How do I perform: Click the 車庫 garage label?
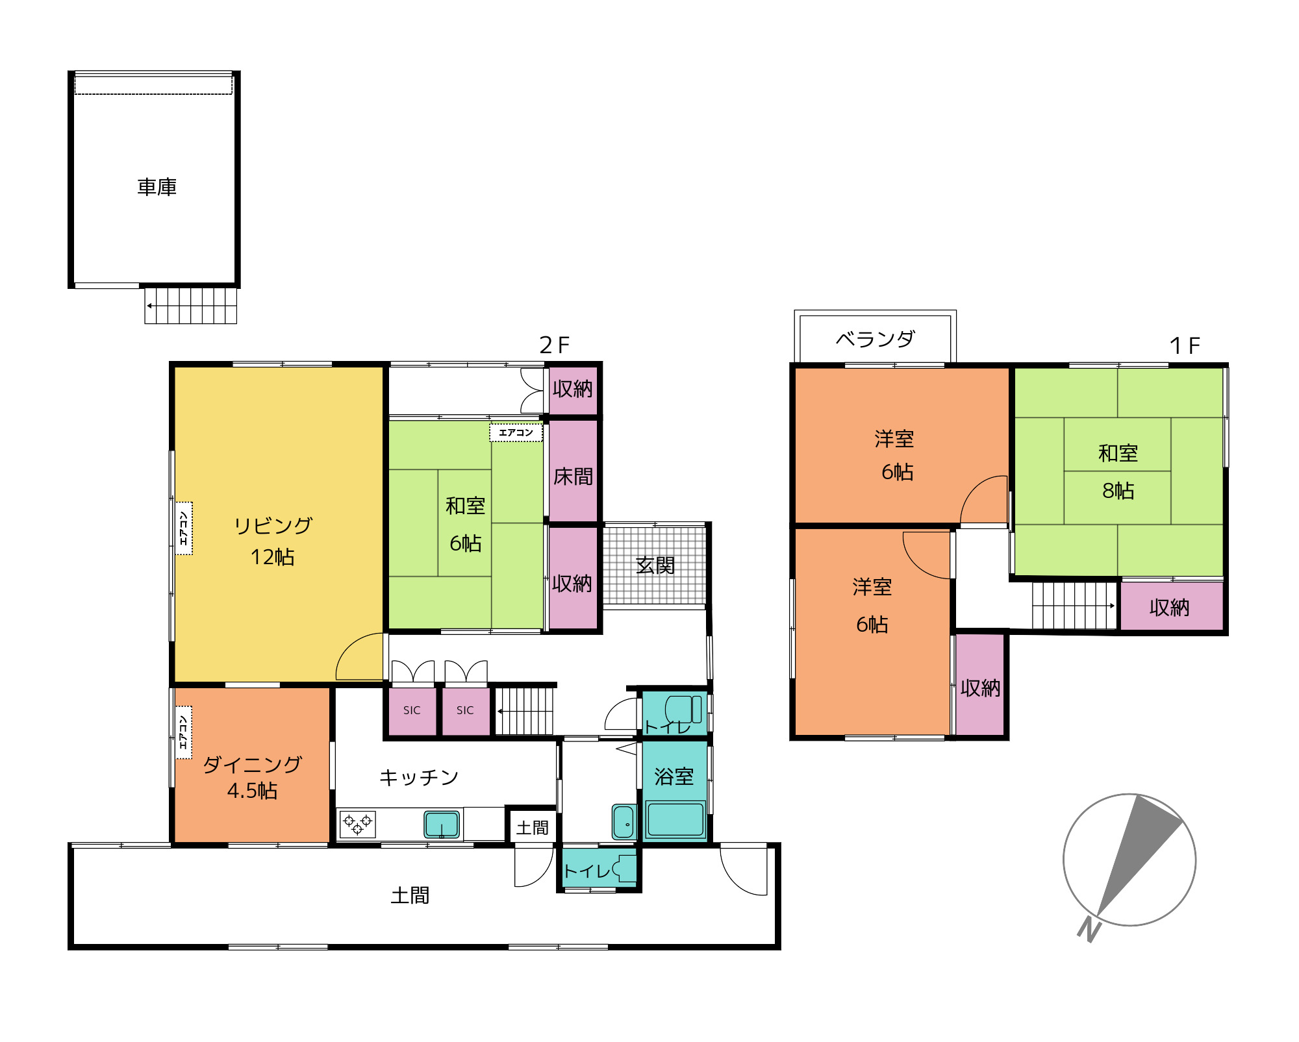pyautogui.click(x=157, y=187)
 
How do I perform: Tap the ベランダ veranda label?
pyautogui.click(x=875, y=339)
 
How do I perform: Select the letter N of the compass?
pyautogui.click(x=1089, y=929)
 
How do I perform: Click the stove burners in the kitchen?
pyautogui.click(x=357, y=824)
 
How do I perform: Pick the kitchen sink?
pyautogui.click(x=442, y=825)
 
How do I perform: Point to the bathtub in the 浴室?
pyautogui.click(x=675, y=820)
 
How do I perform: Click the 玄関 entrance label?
pyautogui.click(x=655, y=565)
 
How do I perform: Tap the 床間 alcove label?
pyautogui.click(x=573, y=477)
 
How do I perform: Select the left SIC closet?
pyautogui.click(x=412, y=710)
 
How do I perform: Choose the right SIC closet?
pyautogui.click(x=466, y=710)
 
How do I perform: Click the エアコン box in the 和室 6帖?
pyautogui.click(x=516, y=432)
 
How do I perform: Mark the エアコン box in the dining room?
pyautogui.click(x=184, y=732)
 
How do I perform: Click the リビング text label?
pyautogui.click(x=273, y=525)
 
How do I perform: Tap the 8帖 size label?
pyautogui.click(x=1118, y=490)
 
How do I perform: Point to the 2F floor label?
pyautogui.click(x=554, y=345)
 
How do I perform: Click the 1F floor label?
pyautogui.click(x=1184, y=345)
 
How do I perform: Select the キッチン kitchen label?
pyautogui.click(x=419, y=777)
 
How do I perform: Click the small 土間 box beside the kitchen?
pyautogui.click(x=532, y=826)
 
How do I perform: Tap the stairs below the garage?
pyautogui.click(x=190, y=306)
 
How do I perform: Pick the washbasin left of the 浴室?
pyautogui.click(x=624, y=822)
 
